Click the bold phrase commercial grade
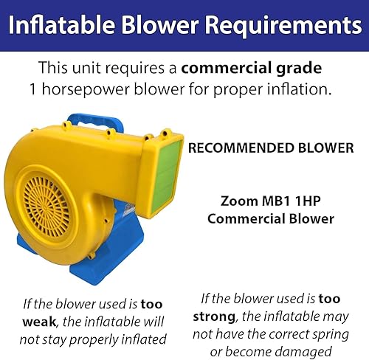pyautogui.click(x=252, y=69)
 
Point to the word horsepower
pyautogui.click(x=86, y=89)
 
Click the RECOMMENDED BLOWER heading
pyautogui.click(x=271, y=148)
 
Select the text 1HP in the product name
pyautogui.click(x=308, y=201)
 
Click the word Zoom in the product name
pyautogui.click(x=239, y=201)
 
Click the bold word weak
pyautogui.click(x=40, y=322)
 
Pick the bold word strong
pyautogui.click(x=214, y=317)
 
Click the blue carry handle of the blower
pyautogui.click(x=96, y=120)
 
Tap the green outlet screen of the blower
pyautogui.click(x=168, y=175)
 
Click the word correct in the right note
pyautogui.click(x=286, y=335)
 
